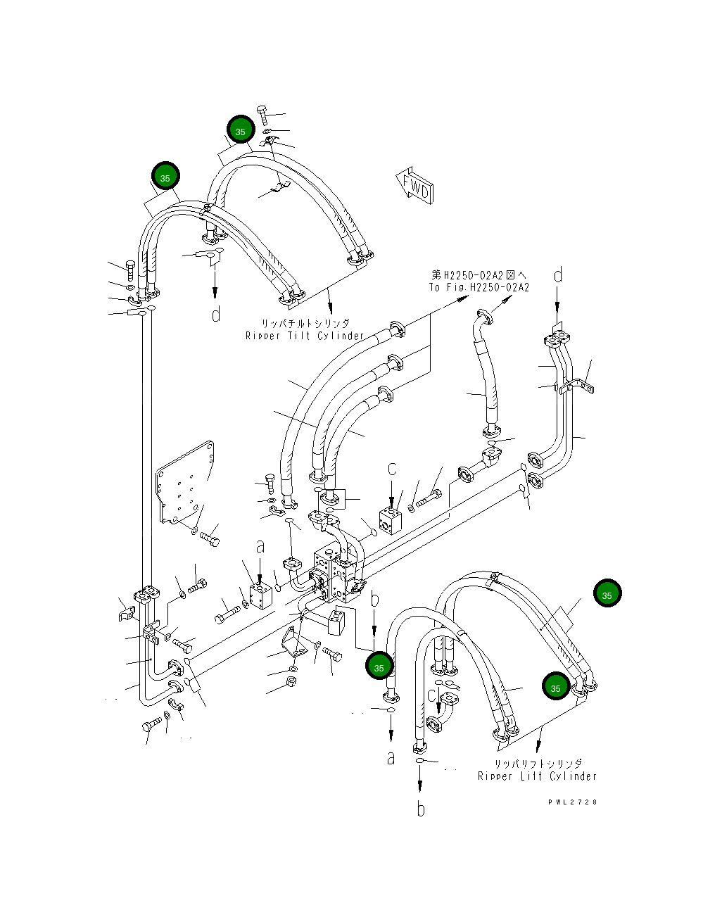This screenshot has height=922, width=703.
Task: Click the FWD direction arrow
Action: (414, 186)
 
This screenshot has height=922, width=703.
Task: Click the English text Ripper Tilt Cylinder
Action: (305, 336)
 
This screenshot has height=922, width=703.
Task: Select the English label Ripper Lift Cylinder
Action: (537, 776)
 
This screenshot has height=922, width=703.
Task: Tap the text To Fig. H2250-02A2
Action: (479, 287)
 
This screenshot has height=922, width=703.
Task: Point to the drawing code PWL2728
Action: (572, 802)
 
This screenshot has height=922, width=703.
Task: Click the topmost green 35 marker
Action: (241, 130)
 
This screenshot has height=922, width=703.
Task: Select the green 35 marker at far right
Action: (607, 593)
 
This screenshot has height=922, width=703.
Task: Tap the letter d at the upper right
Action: (558, 275)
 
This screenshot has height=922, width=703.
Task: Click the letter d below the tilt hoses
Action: (216, 314)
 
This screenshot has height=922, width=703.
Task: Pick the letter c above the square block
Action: (392, 469)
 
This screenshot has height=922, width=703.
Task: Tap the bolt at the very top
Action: (262, 115)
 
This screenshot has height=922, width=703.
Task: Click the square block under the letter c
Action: (390, 522)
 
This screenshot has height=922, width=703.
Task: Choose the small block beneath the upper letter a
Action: (260, 595)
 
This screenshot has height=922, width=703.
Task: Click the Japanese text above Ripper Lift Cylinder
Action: (538, 763)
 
